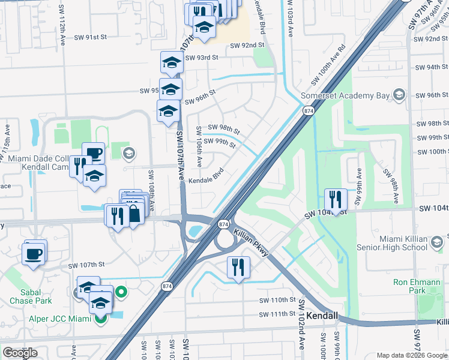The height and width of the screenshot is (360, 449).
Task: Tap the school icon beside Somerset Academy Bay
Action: [398, 95]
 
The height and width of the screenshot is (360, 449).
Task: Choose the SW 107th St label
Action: [86, 265]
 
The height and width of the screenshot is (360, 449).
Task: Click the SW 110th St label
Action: [277, 300]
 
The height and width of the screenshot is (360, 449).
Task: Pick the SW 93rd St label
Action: [202, 58]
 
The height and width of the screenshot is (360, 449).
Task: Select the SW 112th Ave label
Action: [62, 31]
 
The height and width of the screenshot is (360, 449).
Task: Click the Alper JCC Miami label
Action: [58, 318]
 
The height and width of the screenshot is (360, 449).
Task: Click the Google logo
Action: [20, 353]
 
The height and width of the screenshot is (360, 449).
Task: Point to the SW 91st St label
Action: [90, 37]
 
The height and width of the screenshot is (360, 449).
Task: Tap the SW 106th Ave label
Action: [199, 147]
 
